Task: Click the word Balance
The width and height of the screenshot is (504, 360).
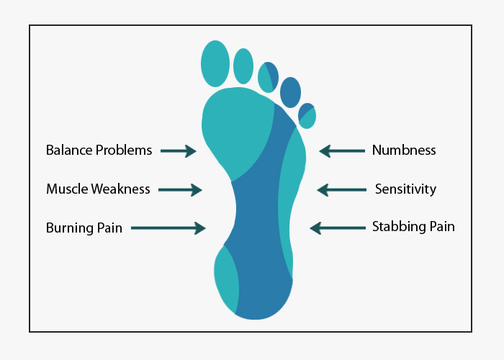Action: tap(69, 150)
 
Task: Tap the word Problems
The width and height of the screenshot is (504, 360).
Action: tap(124, 150)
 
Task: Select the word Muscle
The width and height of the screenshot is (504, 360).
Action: tap(67, 189)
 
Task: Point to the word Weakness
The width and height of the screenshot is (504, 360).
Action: tap(120, 189)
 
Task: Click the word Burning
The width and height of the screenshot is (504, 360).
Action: tap(69, 228)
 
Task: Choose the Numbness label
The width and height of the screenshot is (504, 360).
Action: tap(404, 150)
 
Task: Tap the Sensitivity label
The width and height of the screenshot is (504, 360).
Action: tap(405, 189)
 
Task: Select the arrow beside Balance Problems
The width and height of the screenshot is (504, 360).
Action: tap(179, 150)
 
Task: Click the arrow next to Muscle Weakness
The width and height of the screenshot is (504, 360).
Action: tap(180, 190)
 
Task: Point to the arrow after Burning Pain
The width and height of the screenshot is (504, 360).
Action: tap(168, 228)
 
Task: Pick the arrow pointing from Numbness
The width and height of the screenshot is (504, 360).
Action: tap(342, 150)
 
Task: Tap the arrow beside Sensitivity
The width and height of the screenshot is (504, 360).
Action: tap(342, 190)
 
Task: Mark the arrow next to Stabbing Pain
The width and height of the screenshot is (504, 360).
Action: tap(338, 228)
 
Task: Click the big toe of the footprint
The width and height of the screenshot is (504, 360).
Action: tap(215, 63)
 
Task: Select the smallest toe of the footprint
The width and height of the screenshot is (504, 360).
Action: tap(307, 116)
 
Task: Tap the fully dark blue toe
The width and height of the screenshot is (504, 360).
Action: tap(291, 92)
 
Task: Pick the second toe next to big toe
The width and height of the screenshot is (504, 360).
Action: tap(243, 66)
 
